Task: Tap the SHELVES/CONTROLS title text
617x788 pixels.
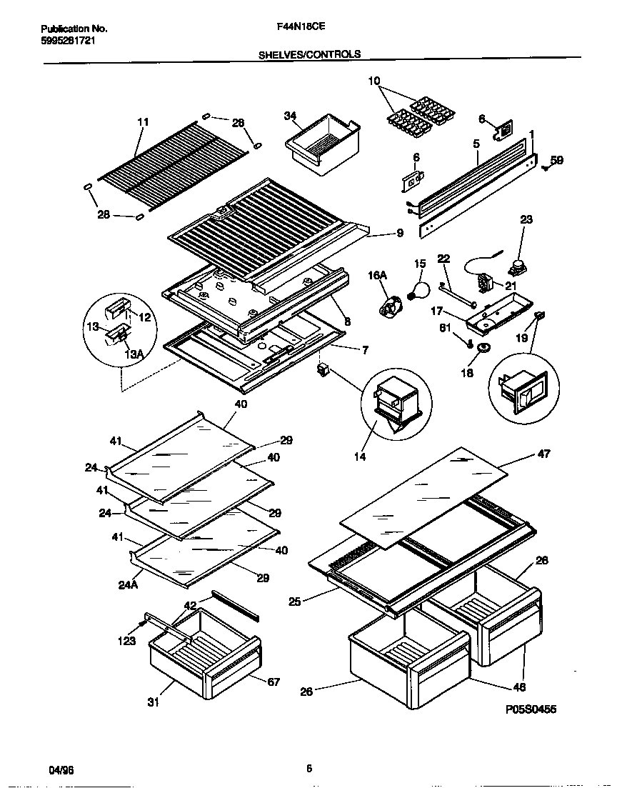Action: point(308,54)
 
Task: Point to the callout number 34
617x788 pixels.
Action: point(289,116)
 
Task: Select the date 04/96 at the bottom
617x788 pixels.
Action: point(60,769)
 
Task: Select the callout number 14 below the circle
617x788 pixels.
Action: point(360,457)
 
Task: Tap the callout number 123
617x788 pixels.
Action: point(126,641)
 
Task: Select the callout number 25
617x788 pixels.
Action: point(294,602)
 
